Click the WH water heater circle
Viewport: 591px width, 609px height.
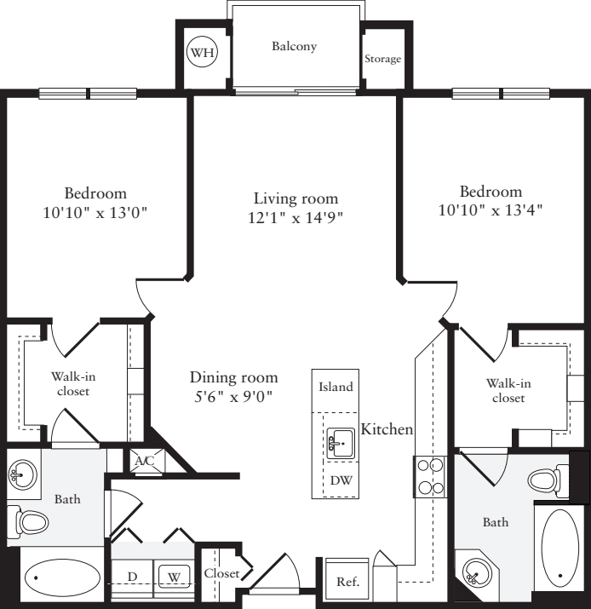pyautogui.click(x=203, y=54)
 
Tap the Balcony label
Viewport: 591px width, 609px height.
pyautogui.click(x=294, y=46)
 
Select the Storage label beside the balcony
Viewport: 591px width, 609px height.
pyautogui.click(x=382, y=59)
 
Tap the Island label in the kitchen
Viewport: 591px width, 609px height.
pyautogui.click(x=336, y=387)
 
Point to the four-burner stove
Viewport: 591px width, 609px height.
pyautogui.click(x=430, y=477)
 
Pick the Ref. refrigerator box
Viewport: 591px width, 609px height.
pyautogui.click(x=347, y=583)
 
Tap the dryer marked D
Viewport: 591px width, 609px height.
pyautogui.click(x=133, y=577)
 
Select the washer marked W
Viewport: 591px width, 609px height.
pyautogui.click(x=174, y=577)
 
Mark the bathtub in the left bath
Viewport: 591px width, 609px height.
pyautogui.click(x=62, y=579)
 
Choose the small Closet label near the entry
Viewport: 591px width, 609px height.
pyautogui.click(x=221, y=573)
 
